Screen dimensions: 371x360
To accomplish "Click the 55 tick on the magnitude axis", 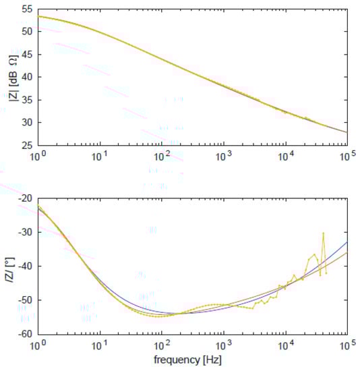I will [29, 9].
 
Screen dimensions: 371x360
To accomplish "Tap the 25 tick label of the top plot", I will [29, 145].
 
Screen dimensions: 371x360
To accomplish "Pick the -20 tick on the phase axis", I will [27, 198].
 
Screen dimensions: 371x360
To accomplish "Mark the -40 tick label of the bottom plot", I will [27, 266].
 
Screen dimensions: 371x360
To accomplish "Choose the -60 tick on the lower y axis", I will [27, 333].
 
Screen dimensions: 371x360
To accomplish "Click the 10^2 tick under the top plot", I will [162, 156].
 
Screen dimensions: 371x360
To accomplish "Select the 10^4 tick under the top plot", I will [285, 156].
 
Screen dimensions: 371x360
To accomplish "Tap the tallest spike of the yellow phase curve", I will [324, 233].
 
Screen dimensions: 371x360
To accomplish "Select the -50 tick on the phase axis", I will [27, 299].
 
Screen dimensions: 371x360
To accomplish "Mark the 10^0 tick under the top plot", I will [38, 156].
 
